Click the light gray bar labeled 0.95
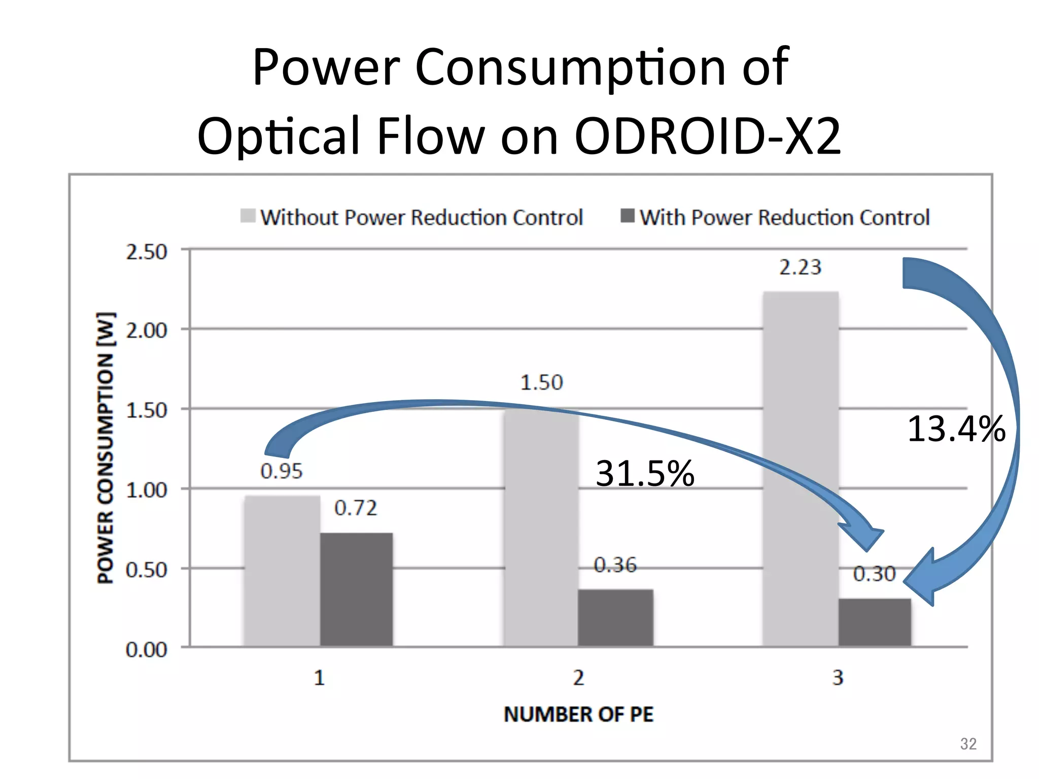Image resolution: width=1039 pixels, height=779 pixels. tap(282, 571)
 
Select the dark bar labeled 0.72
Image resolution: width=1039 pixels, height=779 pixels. tap(356, 589)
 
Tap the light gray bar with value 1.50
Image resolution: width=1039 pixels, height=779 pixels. tap(541, 527)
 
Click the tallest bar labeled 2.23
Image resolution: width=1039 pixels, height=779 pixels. tap(801, 469)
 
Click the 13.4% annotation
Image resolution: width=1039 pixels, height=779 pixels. tap(956, 429)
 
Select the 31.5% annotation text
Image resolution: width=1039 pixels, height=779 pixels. tap(644, 474)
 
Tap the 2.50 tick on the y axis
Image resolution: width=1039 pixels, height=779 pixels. tap(146, 252)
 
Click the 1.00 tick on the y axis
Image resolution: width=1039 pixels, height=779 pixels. tap(146, 490)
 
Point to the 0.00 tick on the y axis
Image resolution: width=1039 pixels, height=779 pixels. tap(146, 650)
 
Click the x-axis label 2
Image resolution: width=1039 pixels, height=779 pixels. tap(578, 678)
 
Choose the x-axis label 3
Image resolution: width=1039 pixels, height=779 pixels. tap(838, 678)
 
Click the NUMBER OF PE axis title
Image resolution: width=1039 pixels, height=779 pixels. tap(578, 714)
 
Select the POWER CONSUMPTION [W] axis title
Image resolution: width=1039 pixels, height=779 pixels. tap(106, 448)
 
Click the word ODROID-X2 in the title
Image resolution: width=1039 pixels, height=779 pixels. tap(707, 136)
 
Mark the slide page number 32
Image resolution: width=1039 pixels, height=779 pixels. tap(968, 743)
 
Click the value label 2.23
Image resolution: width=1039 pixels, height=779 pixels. tap(800, 267)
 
